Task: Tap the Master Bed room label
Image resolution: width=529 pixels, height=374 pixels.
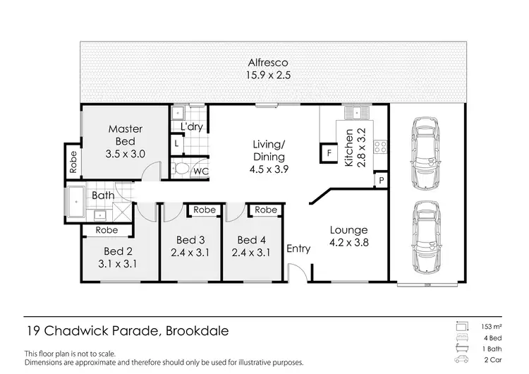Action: [126, 141]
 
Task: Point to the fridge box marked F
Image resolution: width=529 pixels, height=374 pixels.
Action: [328, 152]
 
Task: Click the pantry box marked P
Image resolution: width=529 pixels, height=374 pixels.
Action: [381, 181]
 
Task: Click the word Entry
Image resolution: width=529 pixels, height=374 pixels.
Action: [298, 248]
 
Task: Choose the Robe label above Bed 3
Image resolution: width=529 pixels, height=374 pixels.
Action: [205, 210]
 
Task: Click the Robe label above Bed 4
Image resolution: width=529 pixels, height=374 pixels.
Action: [266, 210]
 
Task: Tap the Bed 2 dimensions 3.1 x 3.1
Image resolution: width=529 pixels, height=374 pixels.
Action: [118, 264]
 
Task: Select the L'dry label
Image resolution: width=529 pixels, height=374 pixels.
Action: [192, 127]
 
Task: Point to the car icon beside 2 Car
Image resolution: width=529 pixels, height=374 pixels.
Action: [463, 360]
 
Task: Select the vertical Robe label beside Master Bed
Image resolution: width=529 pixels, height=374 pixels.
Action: [73, 163]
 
